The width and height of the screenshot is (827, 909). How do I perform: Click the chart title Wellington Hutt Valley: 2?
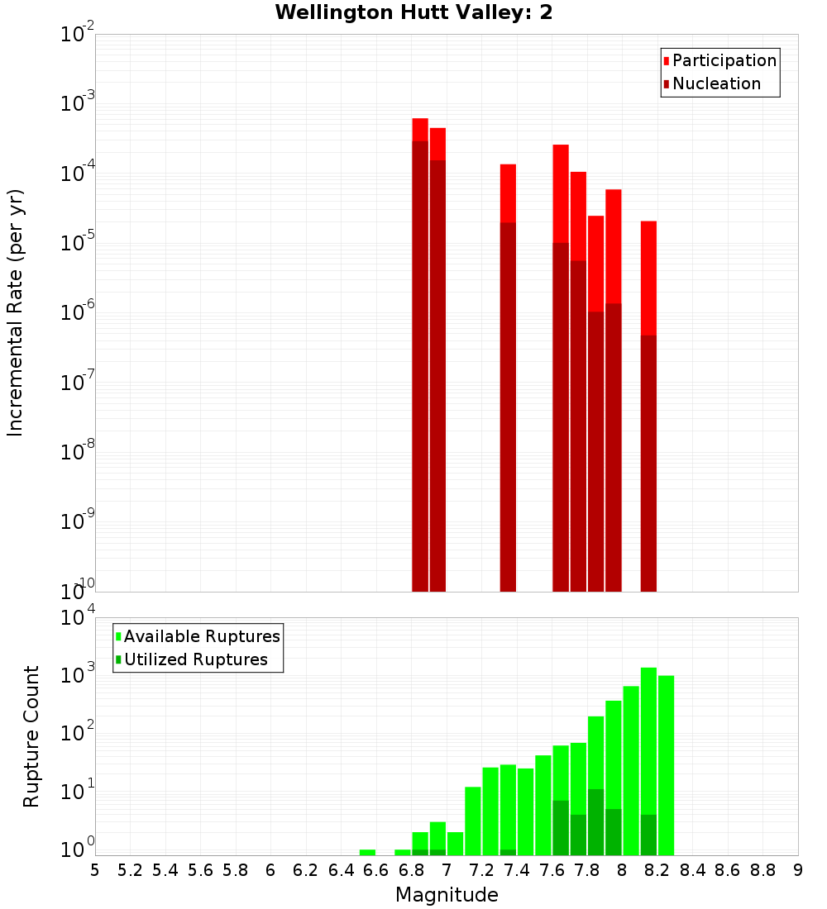(413, 12)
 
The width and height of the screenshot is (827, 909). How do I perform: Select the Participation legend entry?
(724, 60)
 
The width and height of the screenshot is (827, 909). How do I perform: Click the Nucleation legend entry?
(716, 83)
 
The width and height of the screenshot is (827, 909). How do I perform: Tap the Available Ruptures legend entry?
(202, 636)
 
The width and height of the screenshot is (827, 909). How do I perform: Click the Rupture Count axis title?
(31, 735)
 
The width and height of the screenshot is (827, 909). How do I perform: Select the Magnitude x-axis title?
(447, 895)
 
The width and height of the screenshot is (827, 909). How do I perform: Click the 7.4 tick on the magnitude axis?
(517, 870)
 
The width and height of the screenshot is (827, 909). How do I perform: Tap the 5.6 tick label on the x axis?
(200, 870)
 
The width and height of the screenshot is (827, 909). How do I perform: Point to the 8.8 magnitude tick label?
(762, 870)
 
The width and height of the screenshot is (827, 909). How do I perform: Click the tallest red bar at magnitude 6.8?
(420, 355)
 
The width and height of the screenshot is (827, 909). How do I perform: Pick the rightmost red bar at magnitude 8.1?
(648, 405)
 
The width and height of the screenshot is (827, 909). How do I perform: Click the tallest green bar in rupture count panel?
(648, 760)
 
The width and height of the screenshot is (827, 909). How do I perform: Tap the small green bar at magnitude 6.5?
(367, 852)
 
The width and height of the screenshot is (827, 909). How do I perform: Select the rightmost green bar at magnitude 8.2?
(666, 764)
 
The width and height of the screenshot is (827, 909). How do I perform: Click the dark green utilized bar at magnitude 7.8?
(595, 822)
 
